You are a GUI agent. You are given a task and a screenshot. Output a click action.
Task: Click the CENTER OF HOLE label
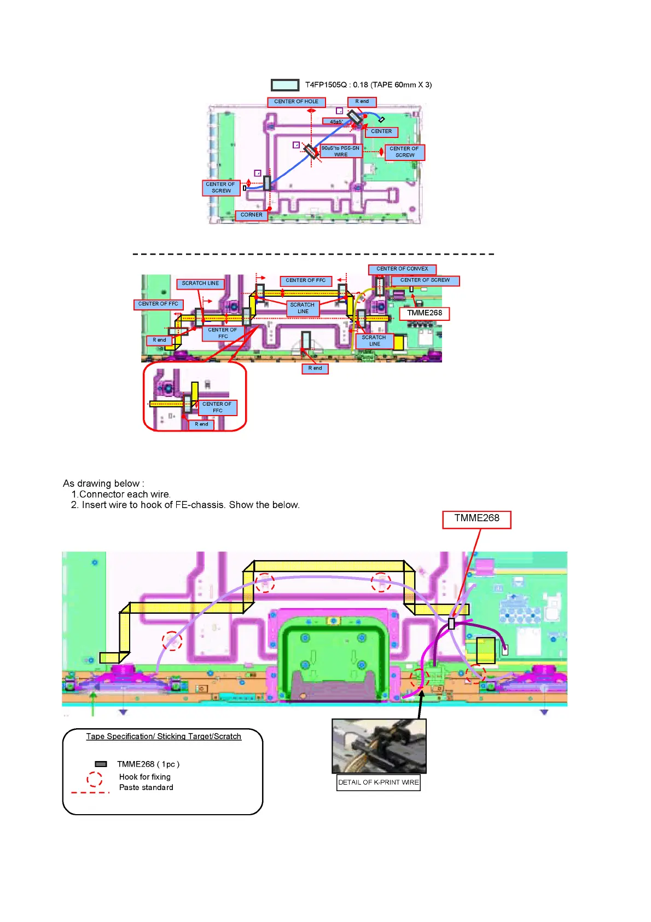296,102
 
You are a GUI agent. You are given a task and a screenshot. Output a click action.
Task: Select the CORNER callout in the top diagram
251,215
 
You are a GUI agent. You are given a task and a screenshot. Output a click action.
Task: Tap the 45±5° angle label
336,122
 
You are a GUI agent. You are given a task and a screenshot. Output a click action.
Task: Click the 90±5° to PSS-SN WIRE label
341,151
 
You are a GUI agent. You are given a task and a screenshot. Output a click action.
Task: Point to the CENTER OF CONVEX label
402,269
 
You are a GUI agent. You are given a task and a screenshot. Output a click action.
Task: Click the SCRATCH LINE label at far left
200,284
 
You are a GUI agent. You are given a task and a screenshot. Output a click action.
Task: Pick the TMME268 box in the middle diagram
425,313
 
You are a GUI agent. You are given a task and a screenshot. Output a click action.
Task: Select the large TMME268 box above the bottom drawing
476,518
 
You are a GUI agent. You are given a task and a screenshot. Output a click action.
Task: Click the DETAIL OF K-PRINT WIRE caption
379,782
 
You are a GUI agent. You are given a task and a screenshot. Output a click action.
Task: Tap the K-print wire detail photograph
379,746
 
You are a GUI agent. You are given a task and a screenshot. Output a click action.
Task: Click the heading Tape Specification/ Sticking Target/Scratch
164,736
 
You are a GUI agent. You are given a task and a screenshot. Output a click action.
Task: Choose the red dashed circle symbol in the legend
95,779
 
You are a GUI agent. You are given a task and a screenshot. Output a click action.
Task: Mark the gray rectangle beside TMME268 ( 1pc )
101,764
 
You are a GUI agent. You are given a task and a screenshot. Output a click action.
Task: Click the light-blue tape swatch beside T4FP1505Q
285,85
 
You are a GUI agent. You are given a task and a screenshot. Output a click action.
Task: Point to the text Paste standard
146,787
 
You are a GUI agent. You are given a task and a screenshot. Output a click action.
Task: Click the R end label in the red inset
201,424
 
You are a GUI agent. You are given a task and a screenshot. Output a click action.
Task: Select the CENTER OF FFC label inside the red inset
217,407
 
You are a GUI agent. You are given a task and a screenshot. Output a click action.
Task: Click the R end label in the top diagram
362,102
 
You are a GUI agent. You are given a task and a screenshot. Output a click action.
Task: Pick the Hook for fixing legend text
145,777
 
